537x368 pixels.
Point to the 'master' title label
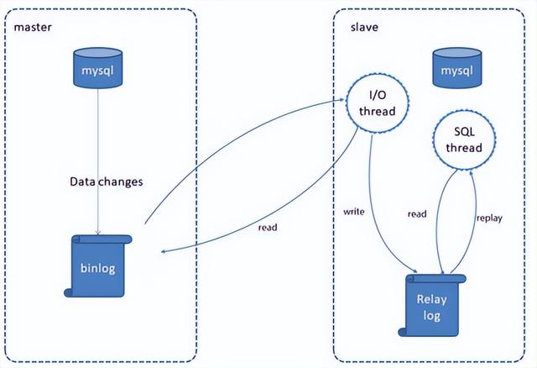(x=33, y=27)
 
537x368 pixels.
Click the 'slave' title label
(x=364, y=27)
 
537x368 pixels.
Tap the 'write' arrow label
(x=353, y=213)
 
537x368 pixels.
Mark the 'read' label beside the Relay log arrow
(x=417, y=214)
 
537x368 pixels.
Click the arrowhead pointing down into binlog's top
(x=100, y=232)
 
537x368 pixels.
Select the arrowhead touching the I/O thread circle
(x=345, y=101)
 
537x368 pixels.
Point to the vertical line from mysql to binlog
(x=100, y=134)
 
